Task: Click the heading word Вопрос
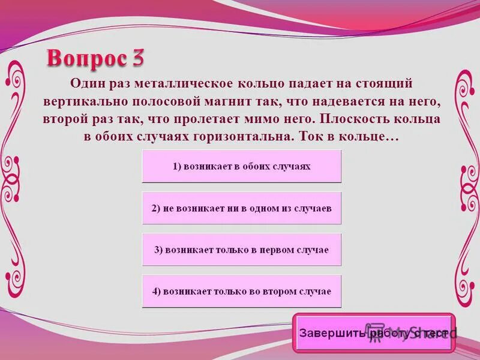pos(85,59)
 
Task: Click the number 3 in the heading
pos(136,59)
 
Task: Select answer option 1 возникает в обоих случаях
pos(241,166)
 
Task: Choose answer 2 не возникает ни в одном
pos(241,208)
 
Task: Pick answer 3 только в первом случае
pos(241,250)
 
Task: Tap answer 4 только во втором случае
pos(241,291)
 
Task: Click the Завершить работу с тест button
pos(373,332)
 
